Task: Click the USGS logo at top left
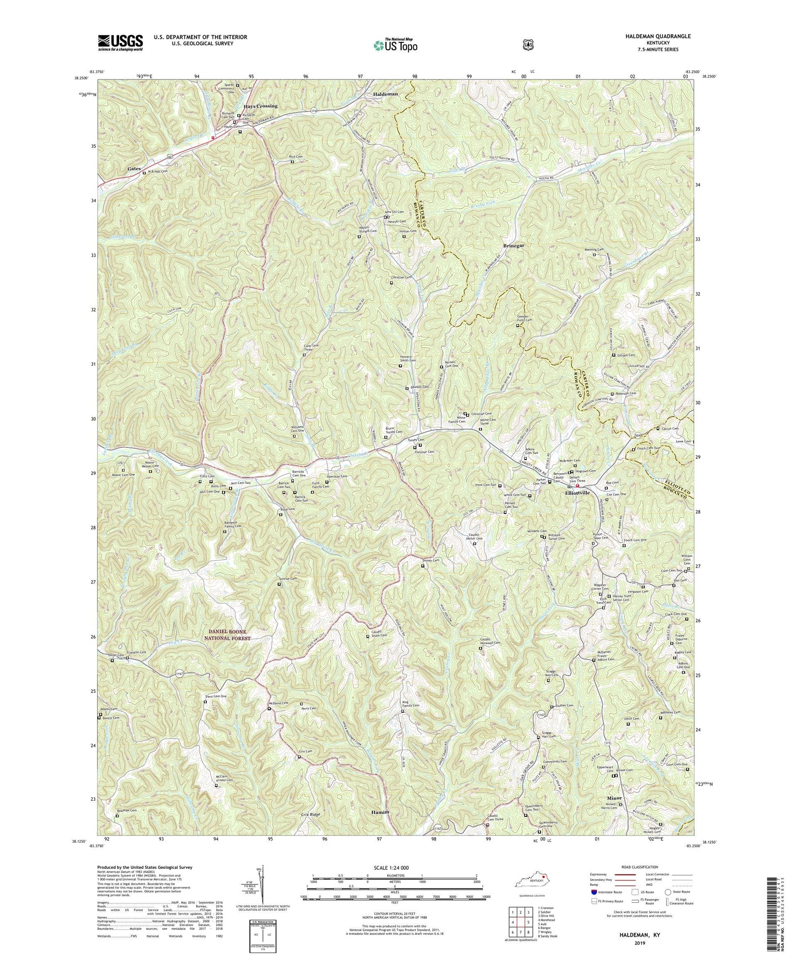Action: [x=120, y=42]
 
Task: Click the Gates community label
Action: [x=135, y=168]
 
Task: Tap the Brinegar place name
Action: [x=513, y=245]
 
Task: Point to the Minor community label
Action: [x=614, y=798]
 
